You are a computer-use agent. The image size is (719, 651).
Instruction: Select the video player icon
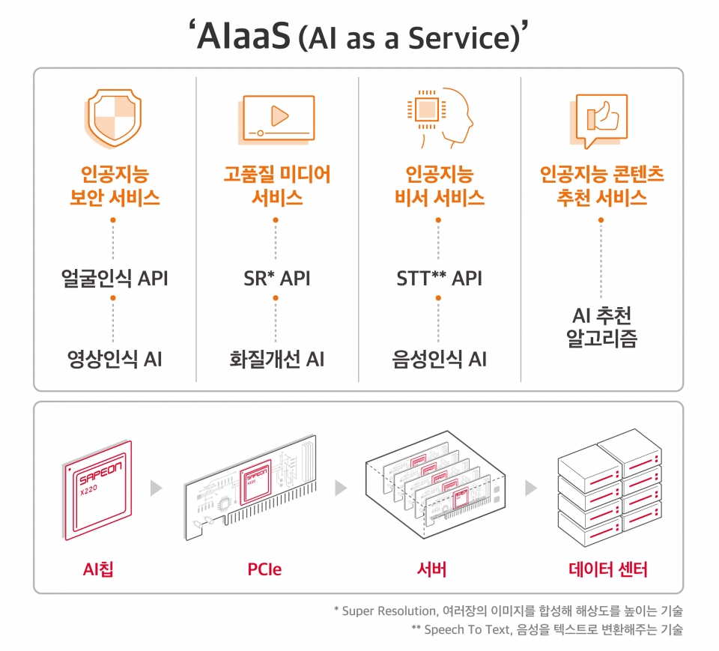(x=276, y=119)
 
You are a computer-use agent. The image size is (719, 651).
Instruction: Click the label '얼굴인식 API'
(x=114, y=279)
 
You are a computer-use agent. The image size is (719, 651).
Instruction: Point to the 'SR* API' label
(x=276, y=279)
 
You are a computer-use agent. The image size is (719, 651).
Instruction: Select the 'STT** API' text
(x=439, y=279)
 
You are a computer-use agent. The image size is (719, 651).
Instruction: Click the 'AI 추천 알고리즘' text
(x=601, y=327)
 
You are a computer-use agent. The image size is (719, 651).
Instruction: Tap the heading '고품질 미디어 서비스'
(x=276, y=186)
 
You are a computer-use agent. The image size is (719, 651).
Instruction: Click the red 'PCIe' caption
(x=264, y=570)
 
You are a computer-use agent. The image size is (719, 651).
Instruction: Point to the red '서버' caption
(x=432, y=570)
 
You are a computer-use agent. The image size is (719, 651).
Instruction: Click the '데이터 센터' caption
(x=607, y=570)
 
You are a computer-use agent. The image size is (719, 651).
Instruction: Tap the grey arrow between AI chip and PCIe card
(x=156, y=488)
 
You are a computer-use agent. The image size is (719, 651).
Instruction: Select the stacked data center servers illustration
(x=607, y=487)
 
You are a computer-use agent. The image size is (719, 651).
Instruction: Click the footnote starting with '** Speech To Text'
(x=547, y=629)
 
